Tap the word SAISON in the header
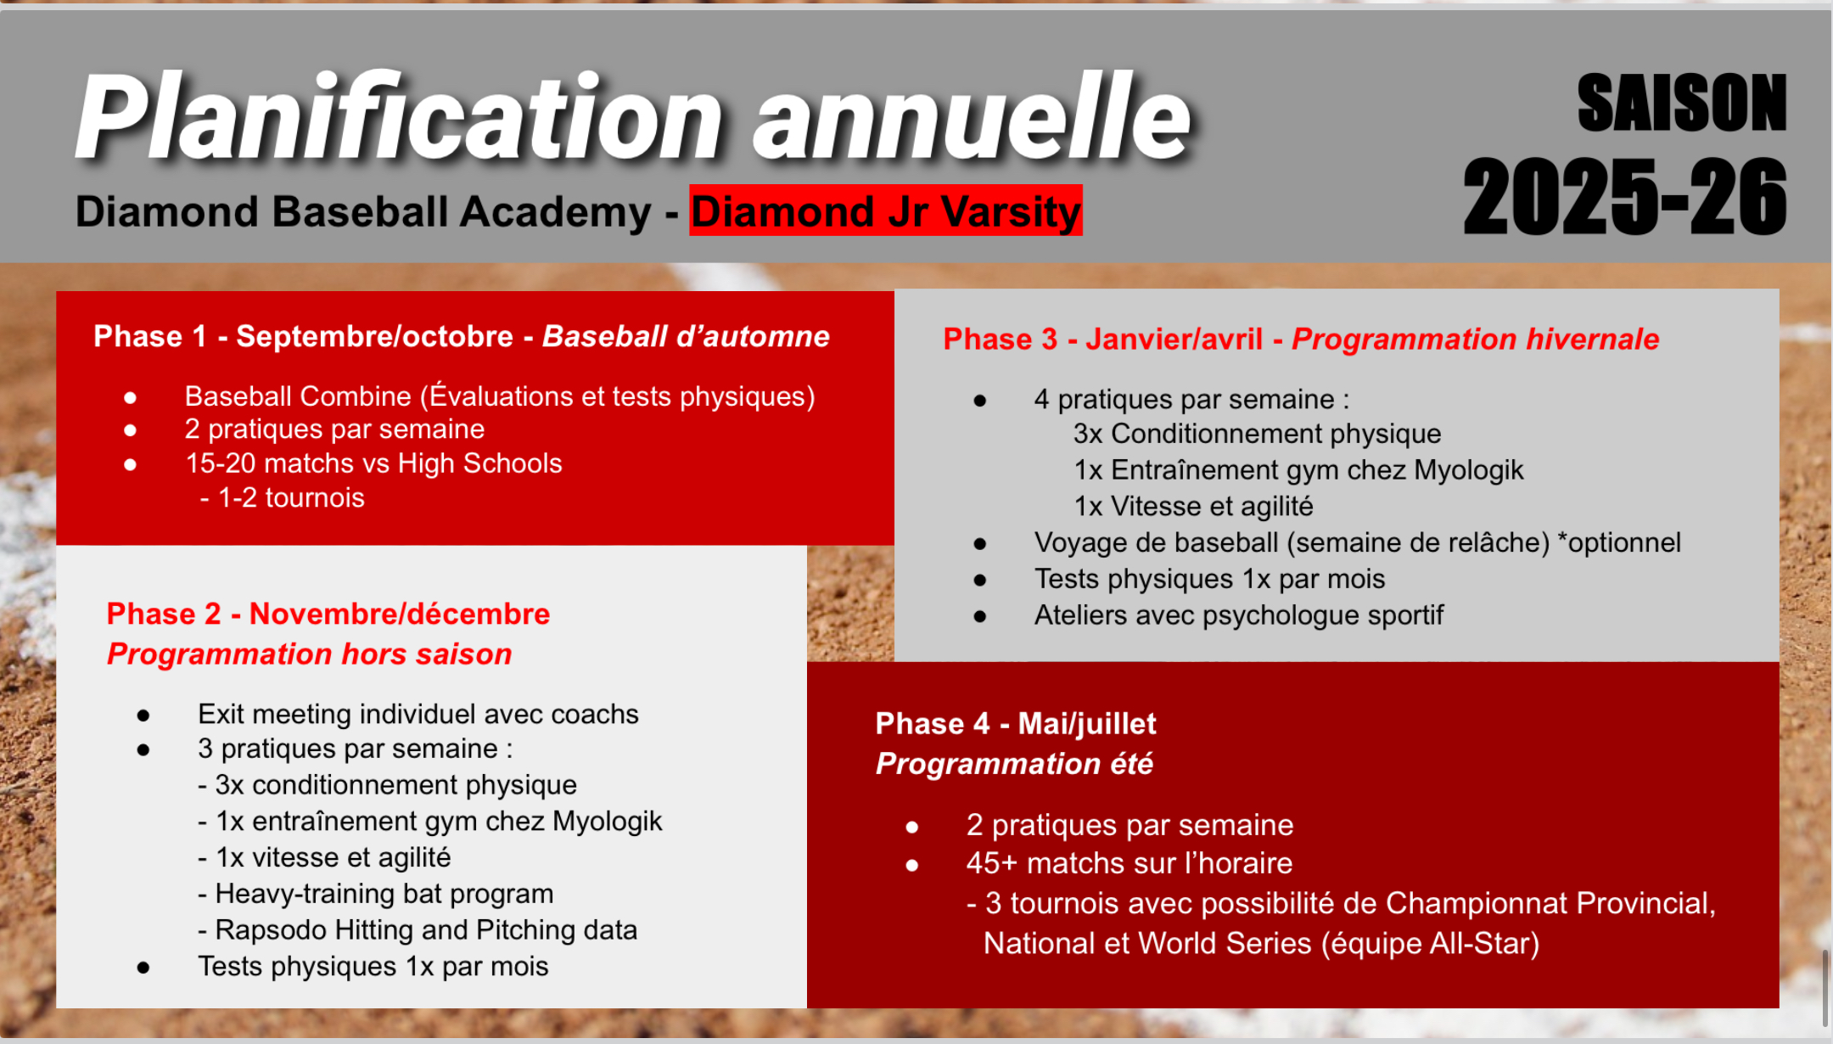pos(1682,103)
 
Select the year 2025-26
pos(1625,196)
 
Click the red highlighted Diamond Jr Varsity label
pos(885,210)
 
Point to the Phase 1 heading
pos(462,336)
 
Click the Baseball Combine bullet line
pos(500,396)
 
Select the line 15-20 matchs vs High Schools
pos(373,463)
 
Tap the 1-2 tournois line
pos(283,497)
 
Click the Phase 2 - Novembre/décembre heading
pos(328,613)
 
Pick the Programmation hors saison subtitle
pos(310,654)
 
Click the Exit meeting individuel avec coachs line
pos(418,714)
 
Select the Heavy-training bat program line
pos(376,894)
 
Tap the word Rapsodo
pos(271,930)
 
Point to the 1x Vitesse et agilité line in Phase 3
pos(1193,507)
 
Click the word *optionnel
pos(1619,542)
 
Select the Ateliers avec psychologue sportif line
pos(1239,615)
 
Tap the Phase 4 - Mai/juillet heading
pos(1016,723)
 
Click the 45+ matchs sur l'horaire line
pos(1130,863)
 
